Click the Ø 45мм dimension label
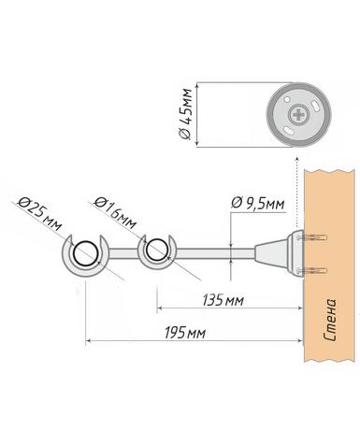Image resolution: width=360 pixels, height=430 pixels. [x=186, y=114]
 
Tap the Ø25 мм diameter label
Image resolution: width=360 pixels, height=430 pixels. [x=40, y=214]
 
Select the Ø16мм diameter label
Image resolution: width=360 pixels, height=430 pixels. [x=115, y=212]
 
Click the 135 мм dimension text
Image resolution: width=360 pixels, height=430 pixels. [x=223, y=301]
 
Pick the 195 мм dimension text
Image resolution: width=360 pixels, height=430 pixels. [x=185, y=333]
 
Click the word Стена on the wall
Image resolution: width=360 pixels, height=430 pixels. [x=329, y=320]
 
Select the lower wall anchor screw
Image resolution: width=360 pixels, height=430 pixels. [x=312, y=271]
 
